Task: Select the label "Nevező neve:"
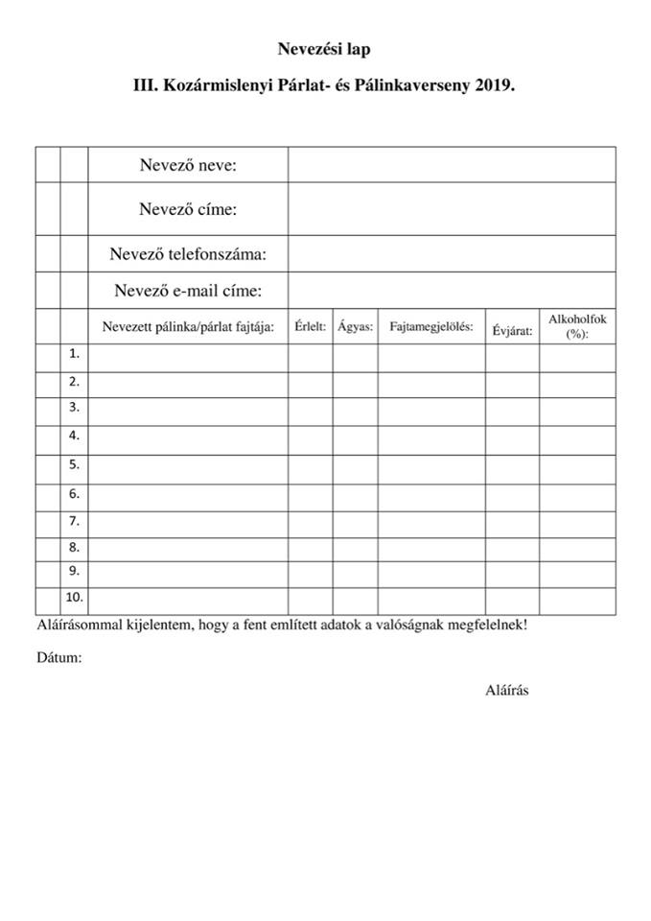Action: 188,165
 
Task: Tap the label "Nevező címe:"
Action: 188,209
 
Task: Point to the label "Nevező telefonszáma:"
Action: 188,254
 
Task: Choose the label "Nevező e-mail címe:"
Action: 188,290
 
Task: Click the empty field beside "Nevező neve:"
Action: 451,165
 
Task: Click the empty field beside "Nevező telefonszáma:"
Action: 451,254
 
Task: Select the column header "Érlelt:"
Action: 311,326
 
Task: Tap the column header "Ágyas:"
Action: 356,326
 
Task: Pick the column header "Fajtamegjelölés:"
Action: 431,326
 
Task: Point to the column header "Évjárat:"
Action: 513,331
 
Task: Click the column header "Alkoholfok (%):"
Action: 577,326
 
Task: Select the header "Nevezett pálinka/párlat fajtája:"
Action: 189,326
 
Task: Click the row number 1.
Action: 74,354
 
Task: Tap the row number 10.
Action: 74,598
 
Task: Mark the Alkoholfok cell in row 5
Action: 577,464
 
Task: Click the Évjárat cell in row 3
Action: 512,408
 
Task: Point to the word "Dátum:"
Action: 59,658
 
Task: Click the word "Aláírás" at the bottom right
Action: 507,690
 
